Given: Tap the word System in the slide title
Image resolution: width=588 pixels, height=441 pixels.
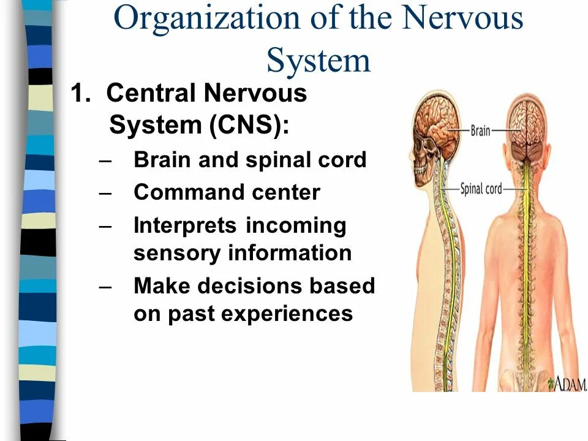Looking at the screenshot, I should (x=318, y=61).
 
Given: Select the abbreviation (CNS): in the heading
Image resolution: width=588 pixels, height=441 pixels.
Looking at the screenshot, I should (x=249, y=126).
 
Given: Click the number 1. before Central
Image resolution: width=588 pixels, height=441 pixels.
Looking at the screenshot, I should (x=82, y=94).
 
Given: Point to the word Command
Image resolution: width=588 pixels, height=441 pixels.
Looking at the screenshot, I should (x=181, y=192).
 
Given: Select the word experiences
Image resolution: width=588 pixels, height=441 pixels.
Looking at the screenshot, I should (x=287, y=314).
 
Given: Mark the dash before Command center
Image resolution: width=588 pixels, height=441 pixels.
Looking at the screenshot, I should (x=105, y=192).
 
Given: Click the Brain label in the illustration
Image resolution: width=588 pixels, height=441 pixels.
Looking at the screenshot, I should (x=480, y=130).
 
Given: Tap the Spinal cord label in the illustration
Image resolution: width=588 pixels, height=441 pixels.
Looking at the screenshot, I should (x=481, y=189).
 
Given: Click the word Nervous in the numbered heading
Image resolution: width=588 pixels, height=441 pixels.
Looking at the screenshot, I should (x=255, y=94).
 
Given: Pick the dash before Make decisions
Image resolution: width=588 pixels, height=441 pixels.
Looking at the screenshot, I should (x=105, y=286).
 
